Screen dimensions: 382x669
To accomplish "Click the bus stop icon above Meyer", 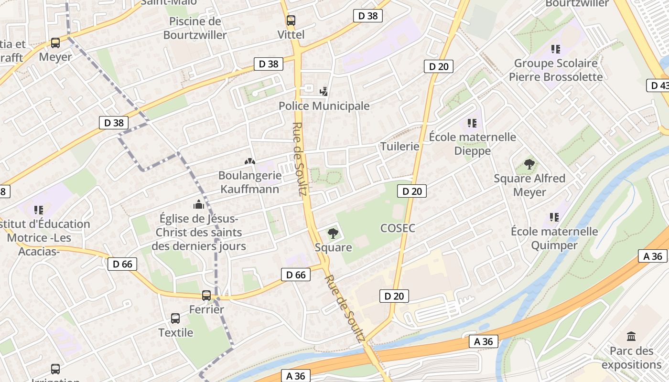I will pyautogui.click(x=55, y=43).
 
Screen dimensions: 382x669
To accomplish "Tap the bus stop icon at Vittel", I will pyautogui.click(x=291, y=21).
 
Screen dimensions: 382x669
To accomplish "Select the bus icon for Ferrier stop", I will pyautogui.click(x=206, y=296).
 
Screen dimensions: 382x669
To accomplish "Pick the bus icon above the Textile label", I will pyautogui.click(x=175, y=318).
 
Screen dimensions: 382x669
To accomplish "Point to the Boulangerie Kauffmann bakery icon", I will pyautogui.click(x=249, y=162).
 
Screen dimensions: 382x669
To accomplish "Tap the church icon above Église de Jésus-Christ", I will pyautogui.click(x=198, y=205).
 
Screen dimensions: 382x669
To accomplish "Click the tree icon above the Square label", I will pyautogui.click(x=333, y=233).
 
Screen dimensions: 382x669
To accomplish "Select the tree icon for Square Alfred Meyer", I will pyautogui.click(x=529, y=164).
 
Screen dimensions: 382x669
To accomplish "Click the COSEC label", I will pyautogui.click(x=398, y=228).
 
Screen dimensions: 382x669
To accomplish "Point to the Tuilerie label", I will pyautogui.click(x=399, y=147).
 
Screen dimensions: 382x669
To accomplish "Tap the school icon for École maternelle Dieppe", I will pyautogui.click(x=472, y=123).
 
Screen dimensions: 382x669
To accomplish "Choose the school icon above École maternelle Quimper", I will pyautogui.click(x=554, y=217).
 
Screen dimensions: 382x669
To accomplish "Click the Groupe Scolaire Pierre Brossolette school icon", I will pyautogui.click(x=555, y=49).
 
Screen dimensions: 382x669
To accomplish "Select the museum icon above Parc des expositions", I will pyautogui.click(x=631, y=337).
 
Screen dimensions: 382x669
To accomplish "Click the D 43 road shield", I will pyautogui.click(x=658, y=85).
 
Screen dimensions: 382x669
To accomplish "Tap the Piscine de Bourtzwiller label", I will pyautogui.click(x=195, y=28).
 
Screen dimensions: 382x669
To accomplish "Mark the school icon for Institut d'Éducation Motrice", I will pyautogui.click(x=39, y=210).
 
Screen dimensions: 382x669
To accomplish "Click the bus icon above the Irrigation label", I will pyautogui.click(x=55, y=369).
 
